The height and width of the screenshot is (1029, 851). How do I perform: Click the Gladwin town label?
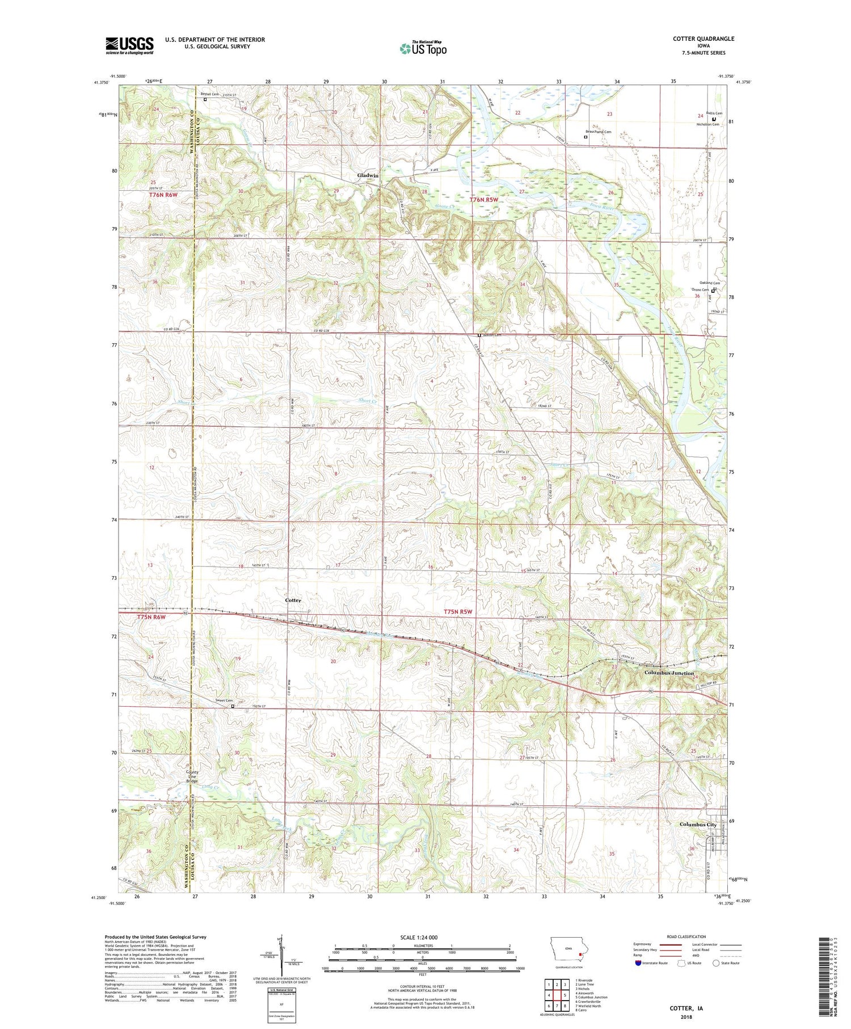(368, 175)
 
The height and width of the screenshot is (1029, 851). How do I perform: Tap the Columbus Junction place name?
(669, 673)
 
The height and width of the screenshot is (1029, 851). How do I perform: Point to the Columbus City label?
(698, 825)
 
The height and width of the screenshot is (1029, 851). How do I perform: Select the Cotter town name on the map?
(293, 600)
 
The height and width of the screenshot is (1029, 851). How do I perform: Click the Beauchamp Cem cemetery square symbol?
(586, 137)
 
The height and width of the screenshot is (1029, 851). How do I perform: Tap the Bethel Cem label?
(209, 94)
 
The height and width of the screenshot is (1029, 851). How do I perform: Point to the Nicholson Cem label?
(707, 124)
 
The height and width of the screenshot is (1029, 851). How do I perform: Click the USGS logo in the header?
(129, 45)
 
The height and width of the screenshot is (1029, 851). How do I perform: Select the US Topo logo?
(423, 49)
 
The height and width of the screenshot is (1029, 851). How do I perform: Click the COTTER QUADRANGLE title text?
(703, 39)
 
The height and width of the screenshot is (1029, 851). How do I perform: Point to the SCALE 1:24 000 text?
(423, 937)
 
